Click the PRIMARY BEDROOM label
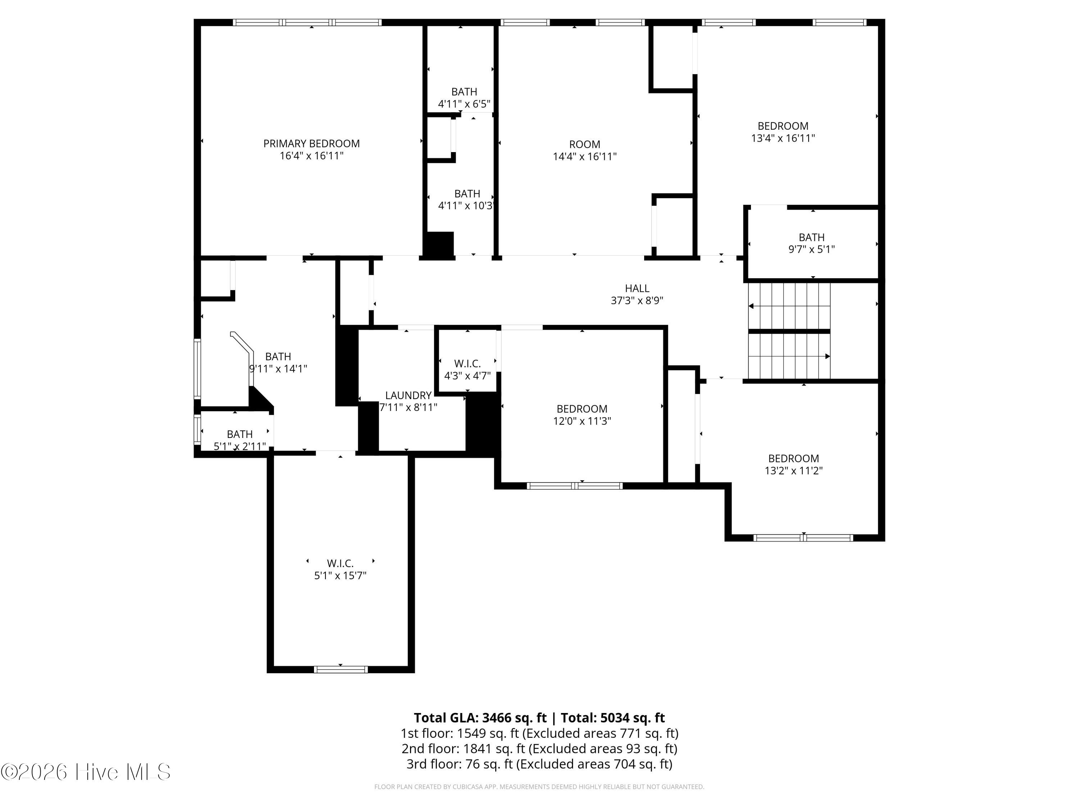tap(311, 144)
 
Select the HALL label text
tap(637, 289)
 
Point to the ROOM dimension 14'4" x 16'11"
tap(584, 156)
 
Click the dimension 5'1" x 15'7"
tap(340, 575)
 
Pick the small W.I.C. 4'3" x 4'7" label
tap(467, 370)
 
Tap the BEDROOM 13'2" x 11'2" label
tap(794, 464)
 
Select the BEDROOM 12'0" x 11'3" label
tap(582, 415)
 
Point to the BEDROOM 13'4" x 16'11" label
tap(783, 132)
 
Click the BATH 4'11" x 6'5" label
tap(464, 97)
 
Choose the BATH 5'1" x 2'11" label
tap(240, 440)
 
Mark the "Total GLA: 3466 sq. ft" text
tap(480, 718)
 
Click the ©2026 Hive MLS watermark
tap(86, 772)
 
